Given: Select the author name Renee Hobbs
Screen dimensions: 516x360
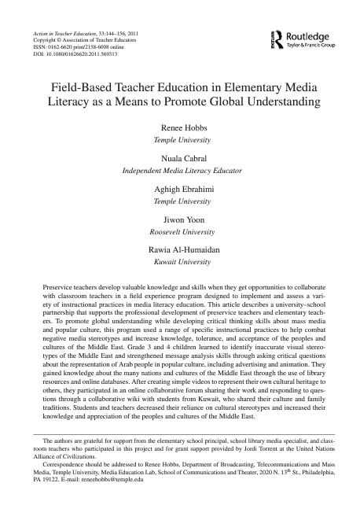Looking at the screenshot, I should [179, 127].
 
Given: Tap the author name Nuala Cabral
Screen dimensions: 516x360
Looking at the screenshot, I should [179, 158].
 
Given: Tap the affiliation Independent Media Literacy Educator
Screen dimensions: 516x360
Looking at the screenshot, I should [179, 170].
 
